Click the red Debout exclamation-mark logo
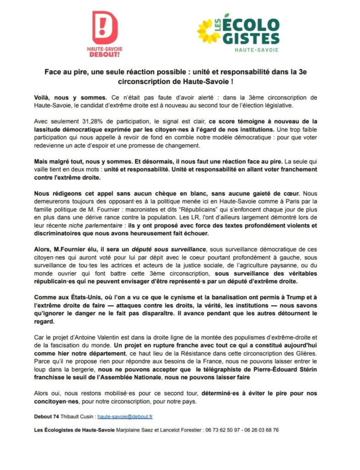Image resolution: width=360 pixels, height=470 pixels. click(x=105, y=27)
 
